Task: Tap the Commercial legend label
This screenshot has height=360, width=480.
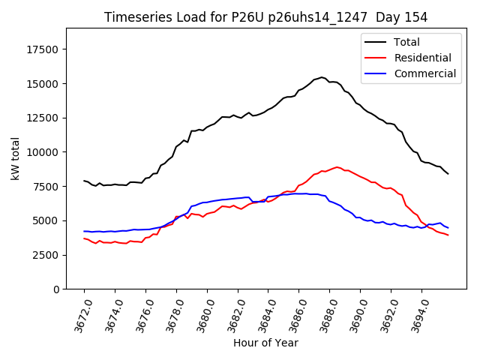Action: (424, 73)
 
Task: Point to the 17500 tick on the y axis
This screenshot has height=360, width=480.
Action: (43, 49)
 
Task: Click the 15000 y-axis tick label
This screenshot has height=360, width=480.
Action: (43, 83)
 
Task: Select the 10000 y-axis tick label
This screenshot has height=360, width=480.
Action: (43, 152)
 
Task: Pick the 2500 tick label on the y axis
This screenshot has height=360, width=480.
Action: (46, 255)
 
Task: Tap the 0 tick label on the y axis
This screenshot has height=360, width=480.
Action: (57, 289)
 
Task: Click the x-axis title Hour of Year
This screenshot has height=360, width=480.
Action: (265, 343)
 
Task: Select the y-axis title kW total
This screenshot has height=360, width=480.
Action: (15, 159)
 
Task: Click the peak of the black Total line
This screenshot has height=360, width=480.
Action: (322, 77)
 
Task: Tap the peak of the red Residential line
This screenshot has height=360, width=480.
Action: (337, 167)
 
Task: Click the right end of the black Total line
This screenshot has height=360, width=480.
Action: (448, 174)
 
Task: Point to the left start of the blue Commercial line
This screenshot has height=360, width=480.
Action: (84, 231)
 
